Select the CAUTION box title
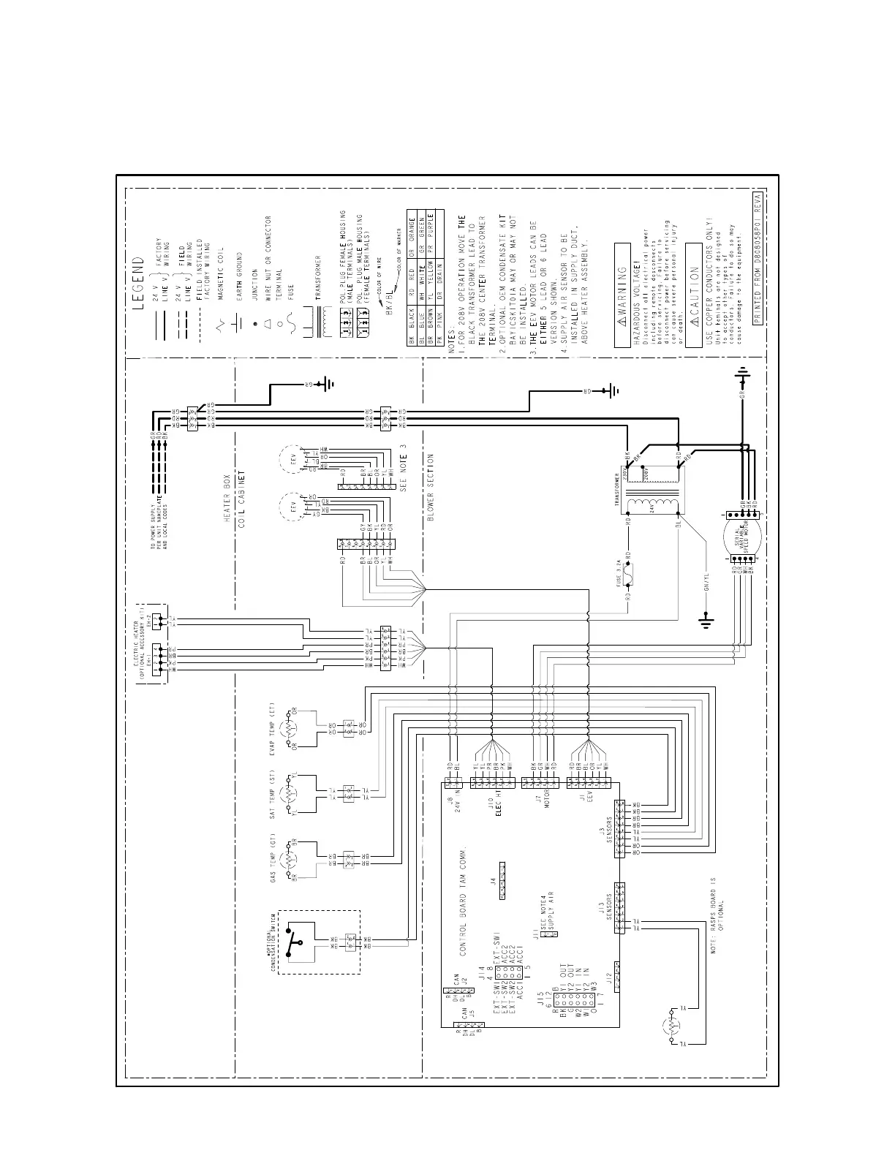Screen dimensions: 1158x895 [692, 296]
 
